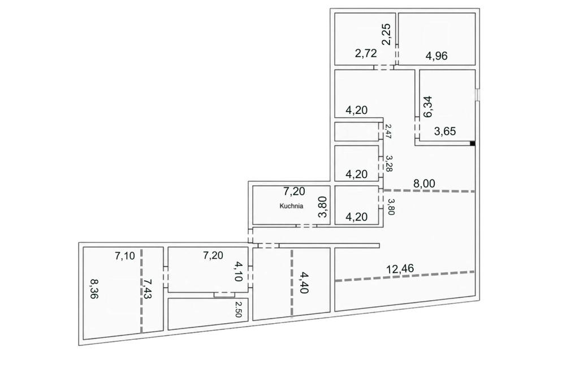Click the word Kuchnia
(291, 206)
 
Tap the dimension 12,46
(400, 268)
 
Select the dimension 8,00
(424, 183)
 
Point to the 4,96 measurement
(436, 56)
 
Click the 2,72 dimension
(366, 53)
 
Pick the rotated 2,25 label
(386, 35)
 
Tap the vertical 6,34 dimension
(429, 106)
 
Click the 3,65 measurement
(444, 131)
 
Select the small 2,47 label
(388, 131)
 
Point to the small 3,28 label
(388, 163)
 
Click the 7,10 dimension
(124, 255)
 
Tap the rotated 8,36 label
(94, 288)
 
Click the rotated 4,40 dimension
(304, 282)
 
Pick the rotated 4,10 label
(239, 271)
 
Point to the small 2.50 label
(238, 309)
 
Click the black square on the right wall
(472, 144)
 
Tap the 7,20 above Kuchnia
(294, 191)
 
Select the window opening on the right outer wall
(477, 94)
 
